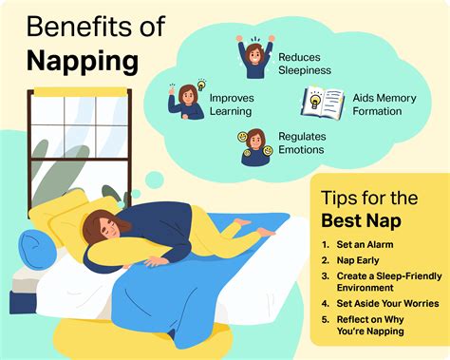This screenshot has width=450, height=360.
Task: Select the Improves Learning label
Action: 230,104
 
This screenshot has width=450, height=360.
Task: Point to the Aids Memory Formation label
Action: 375,104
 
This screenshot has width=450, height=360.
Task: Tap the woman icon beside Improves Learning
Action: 188,100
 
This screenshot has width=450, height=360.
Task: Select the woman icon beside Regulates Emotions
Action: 253,147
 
